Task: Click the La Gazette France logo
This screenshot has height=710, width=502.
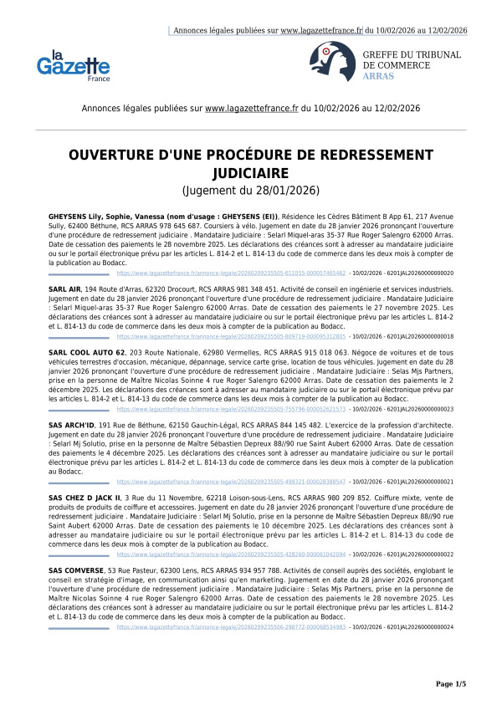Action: coord(73,65)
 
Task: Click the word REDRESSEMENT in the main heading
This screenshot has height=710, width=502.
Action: coord(382,156)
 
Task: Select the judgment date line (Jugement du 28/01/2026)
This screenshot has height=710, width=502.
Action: coord(251,191)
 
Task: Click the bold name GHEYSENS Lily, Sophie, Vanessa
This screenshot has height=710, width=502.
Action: coord(108,217)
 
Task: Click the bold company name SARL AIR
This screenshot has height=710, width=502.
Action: coord(64,288)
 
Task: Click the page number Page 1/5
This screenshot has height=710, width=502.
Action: coord(450,684)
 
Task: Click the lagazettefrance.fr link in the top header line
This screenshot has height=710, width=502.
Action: coord(321,30)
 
